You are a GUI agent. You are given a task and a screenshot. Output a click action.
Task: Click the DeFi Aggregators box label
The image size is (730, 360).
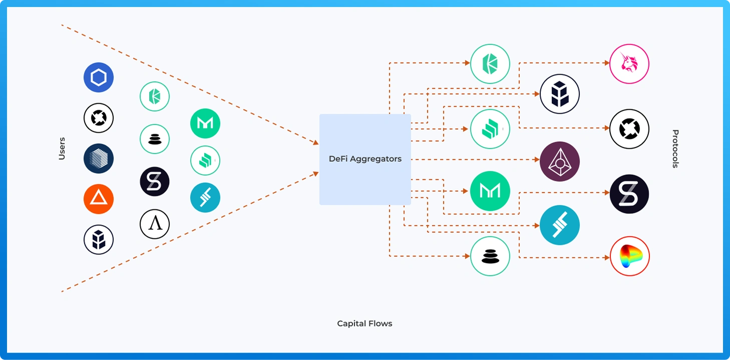tap(365, 159)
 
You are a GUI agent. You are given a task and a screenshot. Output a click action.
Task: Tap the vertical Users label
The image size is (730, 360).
tap(62, 148)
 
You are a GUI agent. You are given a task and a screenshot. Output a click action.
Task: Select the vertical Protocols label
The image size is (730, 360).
tap(675, 149)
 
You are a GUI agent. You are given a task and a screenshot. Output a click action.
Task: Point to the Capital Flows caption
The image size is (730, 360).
tap(364, 323)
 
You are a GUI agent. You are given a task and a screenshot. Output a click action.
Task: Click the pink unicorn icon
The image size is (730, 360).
tap(629, 64)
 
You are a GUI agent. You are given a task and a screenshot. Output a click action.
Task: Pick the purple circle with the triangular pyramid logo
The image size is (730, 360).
tap(560, 161)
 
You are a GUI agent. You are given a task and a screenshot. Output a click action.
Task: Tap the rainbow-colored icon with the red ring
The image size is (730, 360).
tap(629, 256)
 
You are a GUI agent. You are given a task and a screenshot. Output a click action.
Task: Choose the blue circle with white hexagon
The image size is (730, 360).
tap(99, 78)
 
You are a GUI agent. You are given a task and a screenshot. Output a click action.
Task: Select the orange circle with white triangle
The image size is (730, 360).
tap(99, 199)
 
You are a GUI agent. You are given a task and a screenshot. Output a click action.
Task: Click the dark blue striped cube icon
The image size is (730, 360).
tap(99, 158)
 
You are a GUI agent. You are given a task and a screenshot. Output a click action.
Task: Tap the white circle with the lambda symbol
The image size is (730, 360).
tap(155, 224)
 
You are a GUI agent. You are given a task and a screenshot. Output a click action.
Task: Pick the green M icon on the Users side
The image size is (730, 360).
tap(205, 124)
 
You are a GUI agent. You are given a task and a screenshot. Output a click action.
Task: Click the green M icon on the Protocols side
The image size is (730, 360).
tap(490, 191)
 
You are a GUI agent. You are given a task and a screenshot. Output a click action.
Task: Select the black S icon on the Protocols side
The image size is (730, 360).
tap(629, 194)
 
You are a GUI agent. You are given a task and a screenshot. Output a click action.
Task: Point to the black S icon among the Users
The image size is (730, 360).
tap(155, 181)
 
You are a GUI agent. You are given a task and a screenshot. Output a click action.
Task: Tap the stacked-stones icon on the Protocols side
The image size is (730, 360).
tap(490, 256)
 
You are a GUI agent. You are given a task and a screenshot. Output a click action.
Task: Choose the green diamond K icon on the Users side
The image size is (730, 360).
tap(155, 96)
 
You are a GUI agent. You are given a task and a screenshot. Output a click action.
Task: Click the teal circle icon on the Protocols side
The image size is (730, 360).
tap(560, 225)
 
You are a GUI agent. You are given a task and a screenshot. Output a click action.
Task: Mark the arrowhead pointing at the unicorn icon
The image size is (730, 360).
tap(606, 63)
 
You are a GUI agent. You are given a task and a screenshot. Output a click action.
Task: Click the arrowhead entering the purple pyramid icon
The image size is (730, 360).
tap(537, 160)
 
